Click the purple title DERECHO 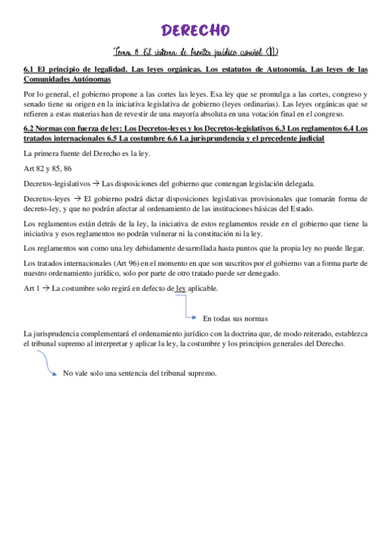click(x=195, y=30)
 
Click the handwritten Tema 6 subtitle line click(x=195, y=53)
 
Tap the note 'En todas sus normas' click(x=235, y=319)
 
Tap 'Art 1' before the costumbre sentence click(x=31, y=288)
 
